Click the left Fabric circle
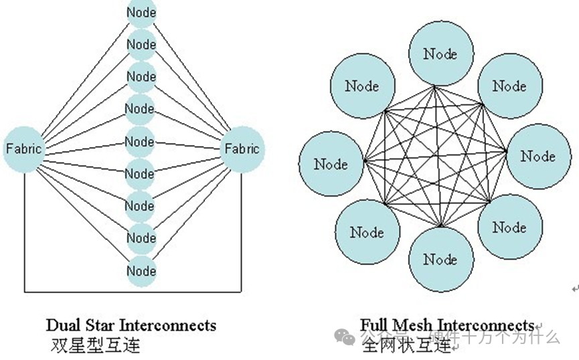(24, 149)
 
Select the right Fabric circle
(242, 149)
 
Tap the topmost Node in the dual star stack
(141, 12)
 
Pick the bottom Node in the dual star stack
(141, 270)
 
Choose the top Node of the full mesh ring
(440, 54)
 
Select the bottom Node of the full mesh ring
(440, 259)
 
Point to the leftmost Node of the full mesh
(331, 164)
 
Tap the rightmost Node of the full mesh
(537, 156)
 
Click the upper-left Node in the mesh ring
(362, 86)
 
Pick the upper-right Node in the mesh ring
(509, 86)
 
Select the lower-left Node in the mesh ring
(367, 232)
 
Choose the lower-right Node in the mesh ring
(509, 228)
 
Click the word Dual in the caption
(62, 326)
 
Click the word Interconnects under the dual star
(168, 326)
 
